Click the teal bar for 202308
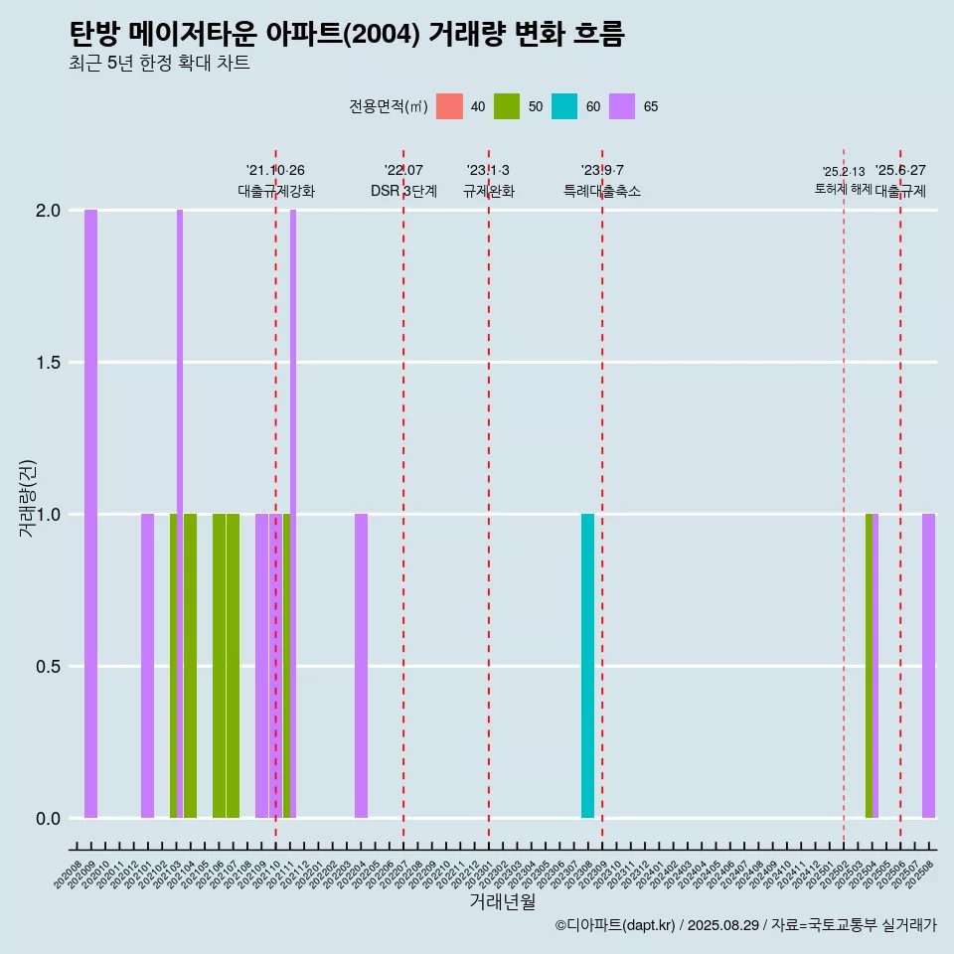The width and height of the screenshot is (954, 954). tap(587, 666)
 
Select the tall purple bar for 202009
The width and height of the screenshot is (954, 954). tap(90, 514)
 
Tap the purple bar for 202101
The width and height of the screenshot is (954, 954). tap(147, 666)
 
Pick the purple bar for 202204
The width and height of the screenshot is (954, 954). tap(361, 666)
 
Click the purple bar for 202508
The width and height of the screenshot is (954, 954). tap(928, 666)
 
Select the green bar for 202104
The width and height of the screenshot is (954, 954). tap(190, 666)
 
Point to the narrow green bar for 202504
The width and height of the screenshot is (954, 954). tap(869, 666)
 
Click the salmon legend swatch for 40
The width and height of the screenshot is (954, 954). tap(449, 106)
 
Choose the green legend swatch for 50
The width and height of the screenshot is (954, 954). tap(507, 106)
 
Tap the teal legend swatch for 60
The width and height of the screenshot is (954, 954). tap(564, 106)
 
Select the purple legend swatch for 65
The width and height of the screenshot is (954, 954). tap(622, 106)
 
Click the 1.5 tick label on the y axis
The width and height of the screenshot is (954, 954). tap(47, 363)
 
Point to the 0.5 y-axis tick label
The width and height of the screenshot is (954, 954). tap(47, 667)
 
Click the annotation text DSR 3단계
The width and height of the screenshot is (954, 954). tap(403, 191)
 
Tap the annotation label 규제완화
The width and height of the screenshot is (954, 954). tap(488, 191)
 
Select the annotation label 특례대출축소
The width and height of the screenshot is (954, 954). tap(602, 191)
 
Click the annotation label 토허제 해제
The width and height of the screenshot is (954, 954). tap(843, 189)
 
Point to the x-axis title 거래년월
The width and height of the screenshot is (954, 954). tap(502, 901)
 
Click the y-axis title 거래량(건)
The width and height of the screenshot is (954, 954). tap(28, 498)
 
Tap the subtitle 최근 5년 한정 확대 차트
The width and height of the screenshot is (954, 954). tap(159, 64)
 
